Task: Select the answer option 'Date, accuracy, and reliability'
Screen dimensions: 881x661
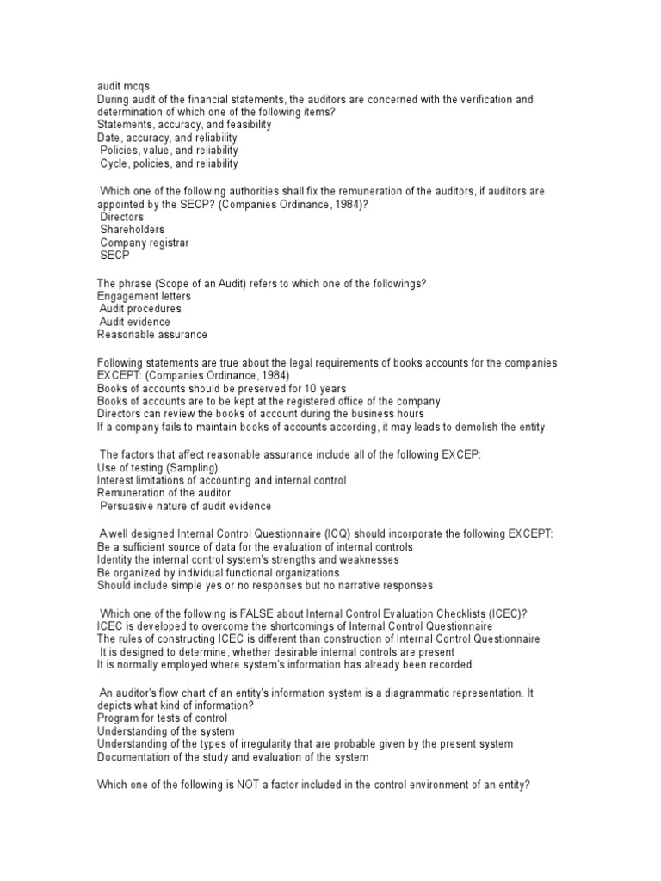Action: click(167, 138)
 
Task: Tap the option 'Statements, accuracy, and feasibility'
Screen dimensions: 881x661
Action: click(184, 125)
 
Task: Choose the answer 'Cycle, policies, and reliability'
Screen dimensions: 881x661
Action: click(170, 163)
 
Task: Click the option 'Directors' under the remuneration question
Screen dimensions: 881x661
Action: click(122, 217)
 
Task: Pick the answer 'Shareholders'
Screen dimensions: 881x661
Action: click(133, 230)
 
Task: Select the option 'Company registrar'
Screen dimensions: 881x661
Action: click(145, 243)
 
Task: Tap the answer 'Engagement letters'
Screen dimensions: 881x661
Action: click(144, 296)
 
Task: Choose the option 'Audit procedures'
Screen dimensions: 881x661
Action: click(141, 309)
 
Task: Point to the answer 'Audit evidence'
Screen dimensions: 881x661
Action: click(135, 322)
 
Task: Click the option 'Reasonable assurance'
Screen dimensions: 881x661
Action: click(152, 335)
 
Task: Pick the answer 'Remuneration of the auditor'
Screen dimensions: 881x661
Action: click(164, 493)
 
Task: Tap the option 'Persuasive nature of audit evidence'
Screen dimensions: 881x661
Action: click(186, 506)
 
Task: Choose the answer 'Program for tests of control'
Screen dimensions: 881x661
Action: click(163, 718)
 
